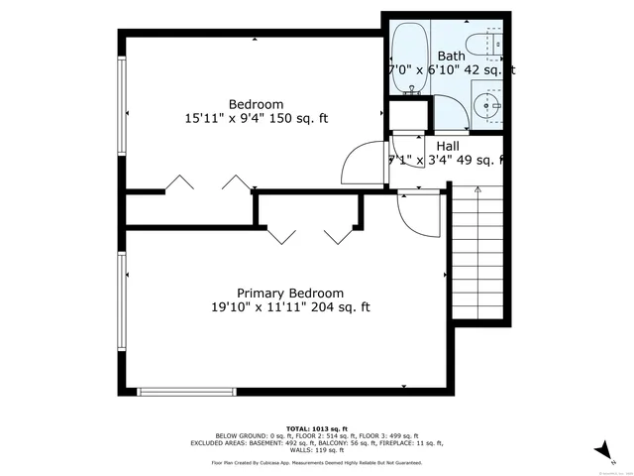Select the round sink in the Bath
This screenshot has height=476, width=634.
[x=486, y=104]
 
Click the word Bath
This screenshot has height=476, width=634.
[x=451, y=57]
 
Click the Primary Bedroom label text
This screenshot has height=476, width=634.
[x=289, y=293]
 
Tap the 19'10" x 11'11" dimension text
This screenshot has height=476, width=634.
[x=289, y=307]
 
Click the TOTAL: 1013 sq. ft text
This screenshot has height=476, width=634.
[x=317, y=428]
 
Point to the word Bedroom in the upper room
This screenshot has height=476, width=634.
[x=256, y=104]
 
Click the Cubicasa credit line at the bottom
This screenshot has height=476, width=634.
[x=317, y=462]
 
